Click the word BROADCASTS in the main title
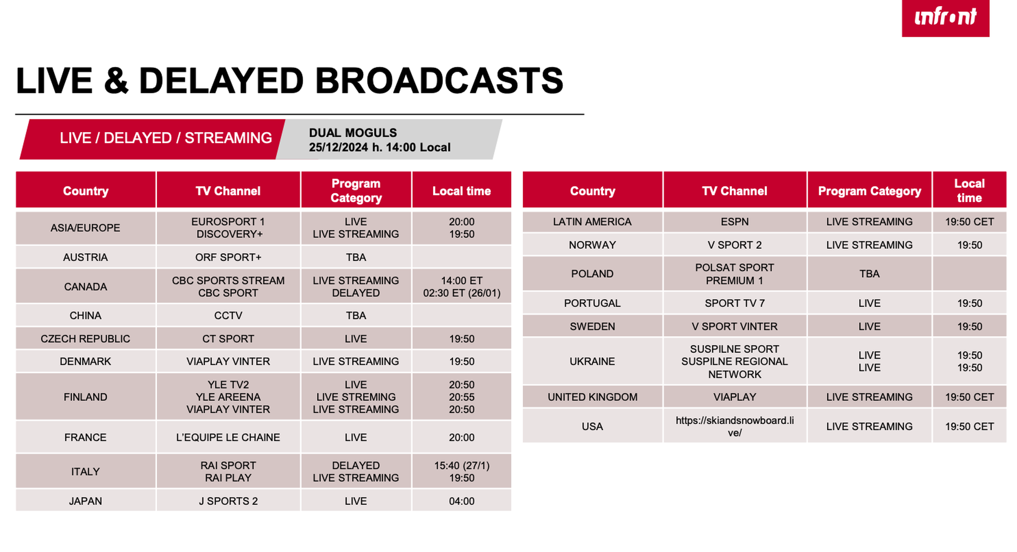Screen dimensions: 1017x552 pyautogui.click(x=439, y=81)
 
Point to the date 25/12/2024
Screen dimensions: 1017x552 pyautogui.click(x=338, y=148)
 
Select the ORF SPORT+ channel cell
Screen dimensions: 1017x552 pyautogui.click(x=228, y=257)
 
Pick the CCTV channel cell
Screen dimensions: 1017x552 pyautogui.click(x=228, y=316)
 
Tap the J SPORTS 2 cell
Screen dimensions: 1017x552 pyautogui.click(x=228, y=501)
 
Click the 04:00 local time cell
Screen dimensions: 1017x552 pyautogui.click(x=462, y=501)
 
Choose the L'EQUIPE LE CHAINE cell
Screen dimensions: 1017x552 pyautogui.click(x=228, y=437)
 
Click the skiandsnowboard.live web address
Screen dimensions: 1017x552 pyautogui.click(x=735, y=426)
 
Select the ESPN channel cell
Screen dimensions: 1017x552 pyautogui.click(x=735, y=222)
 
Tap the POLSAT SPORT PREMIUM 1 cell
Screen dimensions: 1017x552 pyautogui.click(x=735, y=274)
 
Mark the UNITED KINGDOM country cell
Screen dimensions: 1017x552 pyautogui.click(x=592, y=397)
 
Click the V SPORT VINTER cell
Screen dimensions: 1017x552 pyautogui.click(x=735, y=326)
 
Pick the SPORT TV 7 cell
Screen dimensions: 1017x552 pyautogui.click(x=735, y=303)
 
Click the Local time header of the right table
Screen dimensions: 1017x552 pyautogui.click(x=970, y=190)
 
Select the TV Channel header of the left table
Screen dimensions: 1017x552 pyautogui.click(x=228, y=191)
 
